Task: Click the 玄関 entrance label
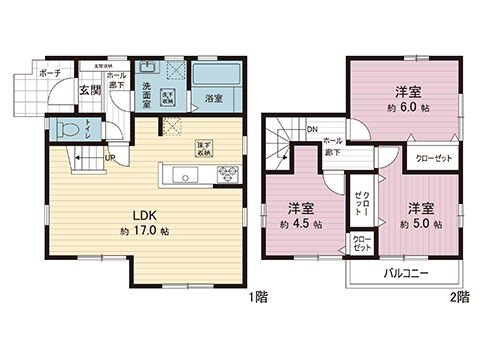[89, 92]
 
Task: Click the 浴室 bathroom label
[213, 98]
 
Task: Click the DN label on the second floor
[312, 129]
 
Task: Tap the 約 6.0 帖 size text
[405, 103]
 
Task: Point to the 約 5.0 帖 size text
[419, 225]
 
